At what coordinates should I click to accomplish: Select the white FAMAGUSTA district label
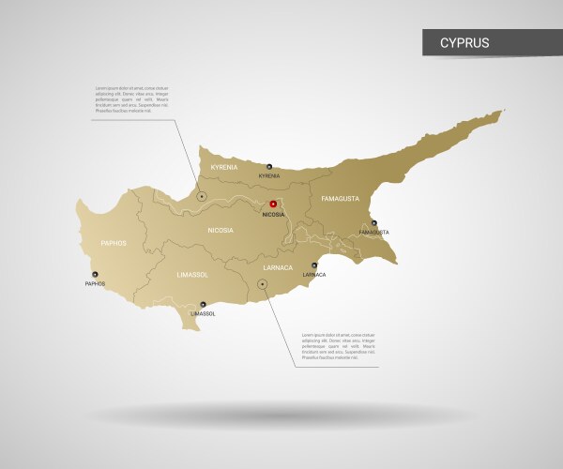[x=340, y=199]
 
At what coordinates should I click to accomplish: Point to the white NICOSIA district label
[x=221, y=228]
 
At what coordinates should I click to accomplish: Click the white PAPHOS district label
[x=114, y=243]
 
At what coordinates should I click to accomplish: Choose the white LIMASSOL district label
[x=192, y=275]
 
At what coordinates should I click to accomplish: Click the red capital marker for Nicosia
[x=273, y=204]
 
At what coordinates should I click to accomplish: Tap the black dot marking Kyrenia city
[x=268, y=166]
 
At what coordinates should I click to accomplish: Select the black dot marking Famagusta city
[x=373, y=223]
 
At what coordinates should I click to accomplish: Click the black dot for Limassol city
[x=202, y=304]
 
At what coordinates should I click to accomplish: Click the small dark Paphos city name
[x=95, y=283]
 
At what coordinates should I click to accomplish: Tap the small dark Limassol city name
[x=202, y=313]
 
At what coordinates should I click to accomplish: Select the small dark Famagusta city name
[x=373, y=232]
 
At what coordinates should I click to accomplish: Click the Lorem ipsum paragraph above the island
[x=131, y=99]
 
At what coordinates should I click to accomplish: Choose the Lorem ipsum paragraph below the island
[x=338, y=346]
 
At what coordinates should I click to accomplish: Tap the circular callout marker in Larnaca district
[x=262, y=283]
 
